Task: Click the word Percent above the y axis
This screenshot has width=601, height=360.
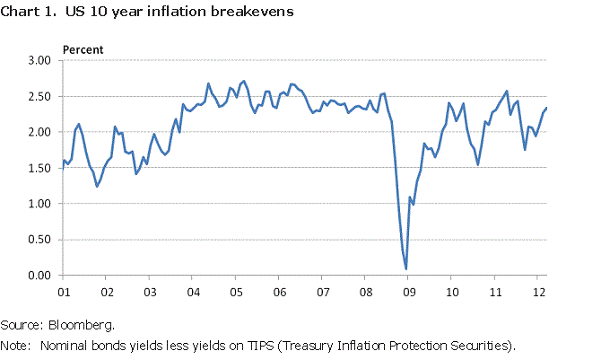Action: tap(82, 48)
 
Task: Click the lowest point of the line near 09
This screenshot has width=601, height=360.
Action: tap(406, 268)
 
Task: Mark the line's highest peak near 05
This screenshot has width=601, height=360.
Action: tap(245, 81)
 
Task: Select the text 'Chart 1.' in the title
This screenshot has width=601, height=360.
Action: tap(27, 13)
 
